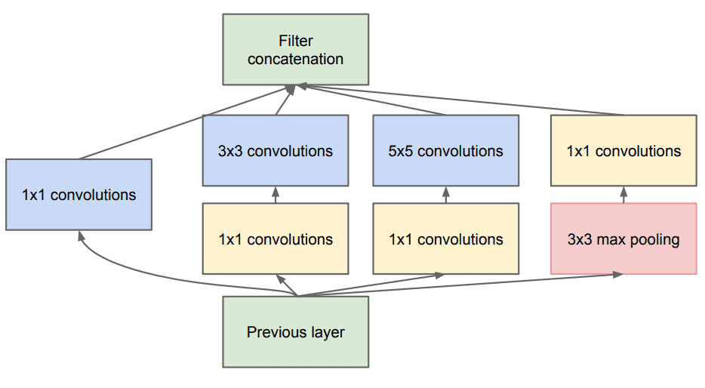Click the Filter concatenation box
pyautogui.click(x=295, y=50)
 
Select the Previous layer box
pyautogui.click(x=295, y=332)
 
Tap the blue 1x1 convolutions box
pyautogui.click(x=79, y=195)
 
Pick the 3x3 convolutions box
pyautogui.click(x=276, y=151)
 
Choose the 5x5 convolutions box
pyautogui.click(x=445, y=151)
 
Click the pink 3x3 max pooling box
pyautogui.click(x=623, y=239)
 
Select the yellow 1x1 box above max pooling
pyautogui.click(x=623, y=151)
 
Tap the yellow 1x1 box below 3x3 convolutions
pyautogui.click(x=276, y=239)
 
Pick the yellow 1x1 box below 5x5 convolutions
pyautogui.click(x=445, y=239)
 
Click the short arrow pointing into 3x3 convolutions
pyautogui.click(x=276, y=195)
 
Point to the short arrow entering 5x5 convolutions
pyautogui.click(x=446, y=195)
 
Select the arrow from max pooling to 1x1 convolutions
pyautogui.click(x=623, y=195)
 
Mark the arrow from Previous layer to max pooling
pyautogui.click(x=460, y=285)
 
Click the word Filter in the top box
pyautogui.click(x=295, y=41)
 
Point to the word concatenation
pyautogui.click(x=295, y=59)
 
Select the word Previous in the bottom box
pyautogui.click(x=273, y=332)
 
